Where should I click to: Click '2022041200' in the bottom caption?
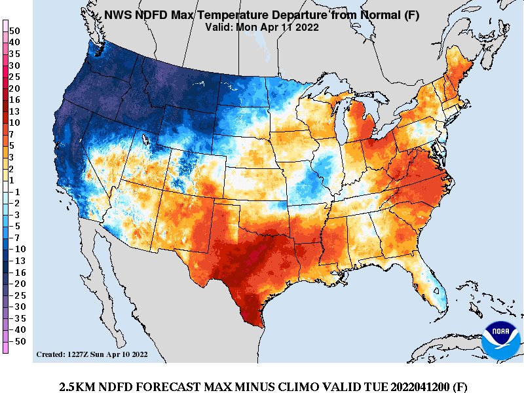pos(418,385)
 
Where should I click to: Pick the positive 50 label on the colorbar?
pos(15,31)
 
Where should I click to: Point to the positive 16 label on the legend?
pos(15,100)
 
